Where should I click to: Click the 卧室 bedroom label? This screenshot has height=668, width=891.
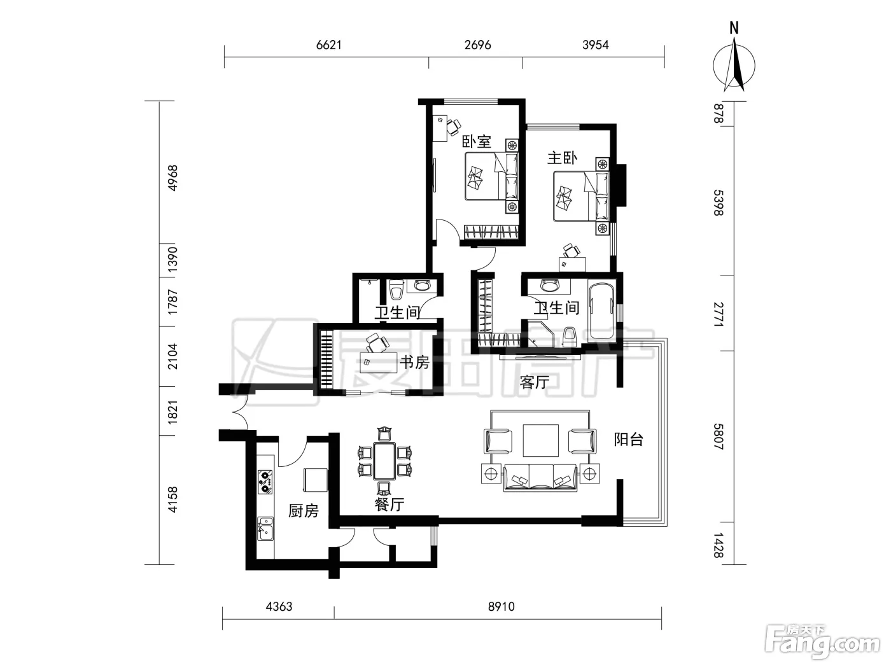477,141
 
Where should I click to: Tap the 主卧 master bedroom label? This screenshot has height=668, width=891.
562,158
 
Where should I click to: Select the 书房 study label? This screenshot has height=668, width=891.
414,362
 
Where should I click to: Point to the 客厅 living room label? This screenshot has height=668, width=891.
535,382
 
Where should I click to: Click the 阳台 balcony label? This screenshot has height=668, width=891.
628,439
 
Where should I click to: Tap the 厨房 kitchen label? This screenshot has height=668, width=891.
303,511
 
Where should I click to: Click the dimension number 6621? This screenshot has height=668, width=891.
329,45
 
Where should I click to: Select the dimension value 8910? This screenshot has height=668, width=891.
502,606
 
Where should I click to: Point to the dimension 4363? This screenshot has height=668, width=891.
279,606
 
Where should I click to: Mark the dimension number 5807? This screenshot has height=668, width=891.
718,437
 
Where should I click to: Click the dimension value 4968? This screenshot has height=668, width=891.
173,178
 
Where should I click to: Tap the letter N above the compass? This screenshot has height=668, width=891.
734,29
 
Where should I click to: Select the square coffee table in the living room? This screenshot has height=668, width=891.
540,440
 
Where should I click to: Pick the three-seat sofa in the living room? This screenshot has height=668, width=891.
540,478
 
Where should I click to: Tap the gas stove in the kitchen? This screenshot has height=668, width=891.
265,482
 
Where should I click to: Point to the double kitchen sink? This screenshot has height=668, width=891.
265,529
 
